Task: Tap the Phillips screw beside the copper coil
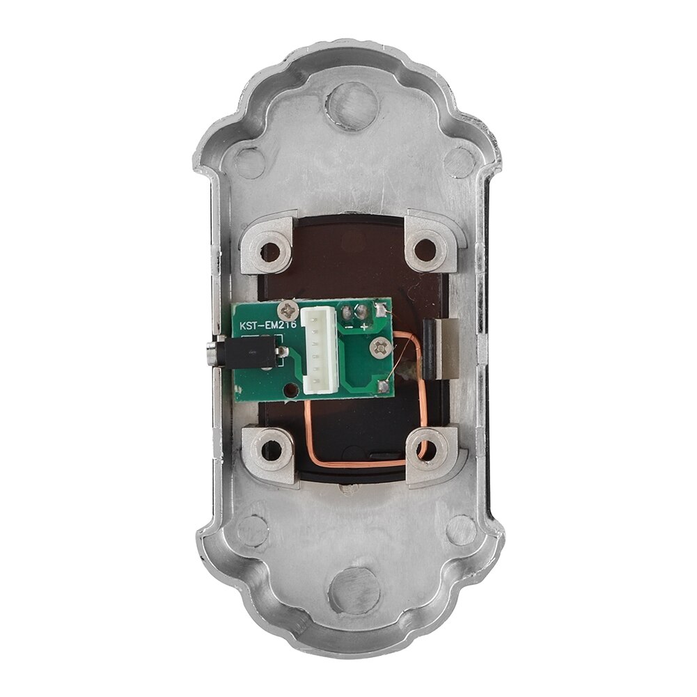click(380, 345)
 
